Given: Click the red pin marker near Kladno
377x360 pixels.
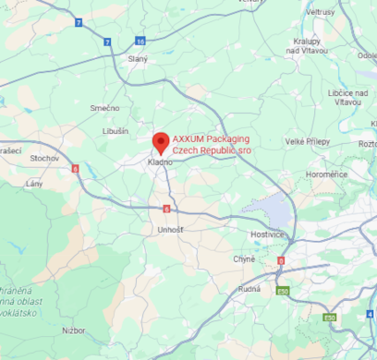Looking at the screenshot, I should (x=161, y=142).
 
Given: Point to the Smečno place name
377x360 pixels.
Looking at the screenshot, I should (x=103, y=108).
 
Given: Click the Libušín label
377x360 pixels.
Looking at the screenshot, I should (x=116, y=131).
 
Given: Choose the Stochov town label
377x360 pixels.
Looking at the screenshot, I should (x=43, y=158).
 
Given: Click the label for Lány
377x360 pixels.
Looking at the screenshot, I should (x=34, y=184).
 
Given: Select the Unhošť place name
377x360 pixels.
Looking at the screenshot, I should (x=171, y=228).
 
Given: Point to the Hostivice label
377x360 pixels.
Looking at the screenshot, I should (x=267, y=235).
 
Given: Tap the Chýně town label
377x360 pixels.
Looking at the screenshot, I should (x=243, y=258).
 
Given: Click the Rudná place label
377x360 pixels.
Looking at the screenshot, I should (x=249, y=287).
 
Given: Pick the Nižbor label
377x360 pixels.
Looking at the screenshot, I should (x=74, y=330).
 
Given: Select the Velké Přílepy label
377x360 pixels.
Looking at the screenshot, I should (x=306, y=140).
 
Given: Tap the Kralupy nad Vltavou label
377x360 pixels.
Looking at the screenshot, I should (x=307, y=46).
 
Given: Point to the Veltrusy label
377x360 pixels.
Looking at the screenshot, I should (x=320, y=12).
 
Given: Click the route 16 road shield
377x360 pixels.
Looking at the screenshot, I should (x=140, y=41).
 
